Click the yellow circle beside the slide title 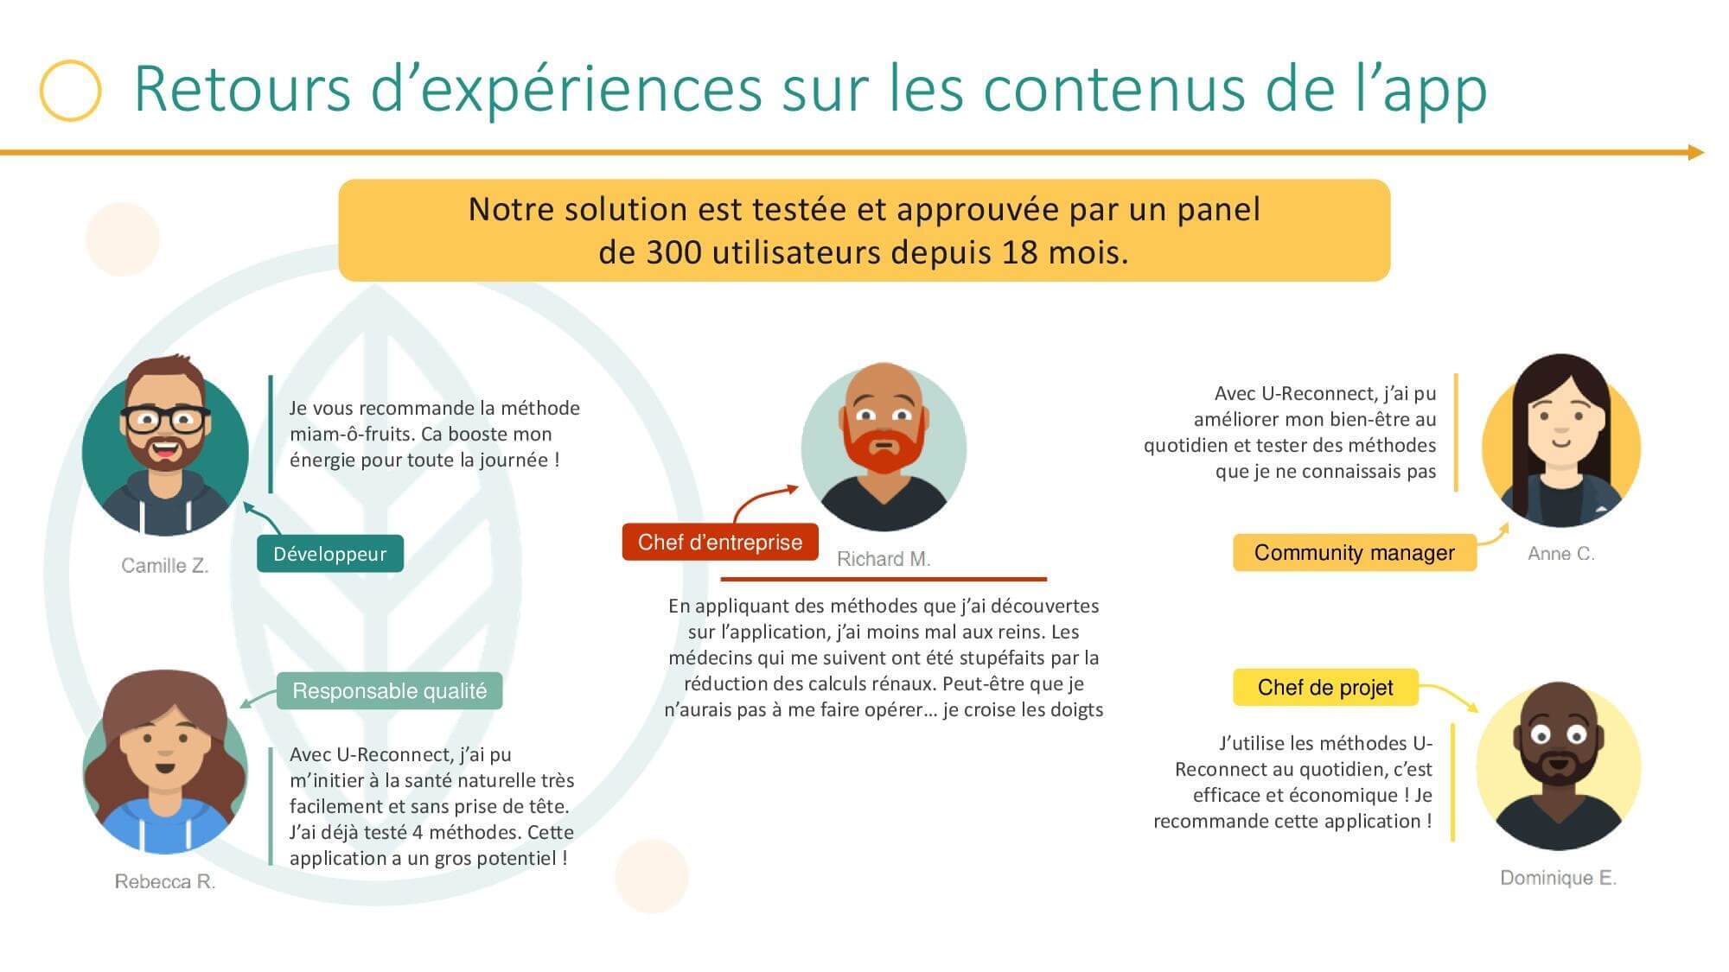70,90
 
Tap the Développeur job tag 330,554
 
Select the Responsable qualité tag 389,690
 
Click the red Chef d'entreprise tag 720,542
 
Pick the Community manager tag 1355,552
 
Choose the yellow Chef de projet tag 1325,687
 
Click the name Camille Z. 165,566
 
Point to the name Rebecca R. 165,881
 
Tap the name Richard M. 884,559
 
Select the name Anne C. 1561,554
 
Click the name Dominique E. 1558,878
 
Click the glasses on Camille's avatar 165,420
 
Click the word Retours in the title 242,89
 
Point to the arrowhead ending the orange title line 1696,153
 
